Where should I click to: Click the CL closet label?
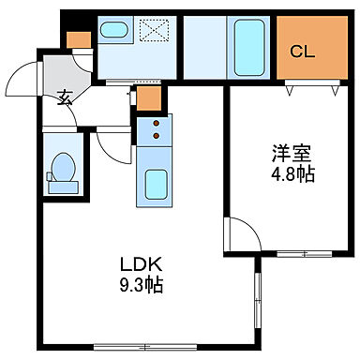pyautogui.click(x=302, y=51)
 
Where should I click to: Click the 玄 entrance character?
pyautogui.click(x=65, y=96)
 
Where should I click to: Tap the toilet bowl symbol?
pyautogui.click(x=64, y=170)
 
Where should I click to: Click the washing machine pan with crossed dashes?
pyautogui.click(x=151, y=33)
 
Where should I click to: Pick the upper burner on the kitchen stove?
pyautogui.click(x=154, y=122)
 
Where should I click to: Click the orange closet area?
pyautogui.click(x=309, y=52)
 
